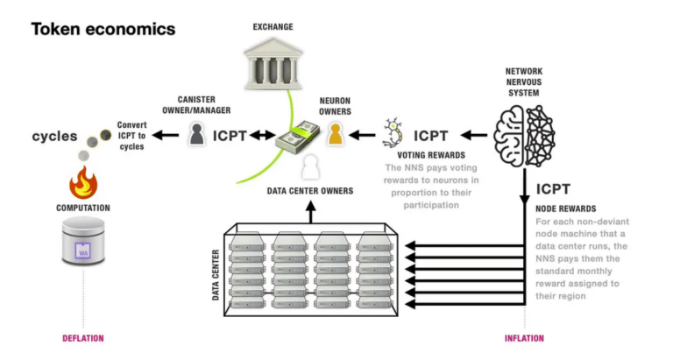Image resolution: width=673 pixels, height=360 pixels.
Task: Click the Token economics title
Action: pos(103,29)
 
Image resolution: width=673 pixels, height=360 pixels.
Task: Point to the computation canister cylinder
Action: pos(83,244)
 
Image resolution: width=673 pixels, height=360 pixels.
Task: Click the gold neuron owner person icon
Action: pos(335,134)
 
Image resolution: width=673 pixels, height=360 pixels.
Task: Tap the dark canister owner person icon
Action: pos(198,134)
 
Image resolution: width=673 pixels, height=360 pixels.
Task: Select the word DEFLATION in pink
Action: pos(83,338)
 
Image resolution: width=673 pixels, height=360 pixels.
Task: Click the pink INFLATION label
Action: pos(525,338)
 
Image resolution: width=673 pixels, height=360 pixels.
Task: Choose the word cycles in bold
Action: pos(55,136)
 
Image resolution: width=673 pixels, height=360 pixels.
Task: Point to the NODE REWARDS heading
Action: pos(566,209)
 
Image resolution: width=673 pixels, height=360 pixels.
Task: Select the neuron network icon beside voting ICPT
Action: pos(394,135)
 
